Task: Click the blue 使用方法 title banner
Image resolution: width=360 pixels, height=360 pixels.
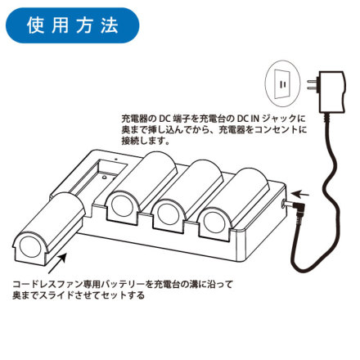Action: (x=72, y=25)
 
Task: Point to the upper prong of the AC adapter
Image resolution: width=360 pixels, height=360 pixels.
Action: (x=313, y=81)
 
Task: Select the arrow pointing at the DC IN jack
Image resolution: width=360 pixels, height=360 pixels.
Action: (x=300, y=194)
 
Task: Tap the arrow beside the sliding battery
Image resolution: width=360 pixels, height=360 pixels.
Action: (x=57, y=263)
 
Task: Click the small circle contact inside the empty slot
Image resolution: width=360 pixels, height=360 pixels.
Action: (x=104, y=177)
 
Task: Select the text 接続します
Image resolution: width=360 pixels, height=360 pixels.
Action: (x=146, y=141)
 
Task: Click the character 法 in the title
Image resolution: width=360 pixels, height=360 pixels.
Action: (x=110, y=25)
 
